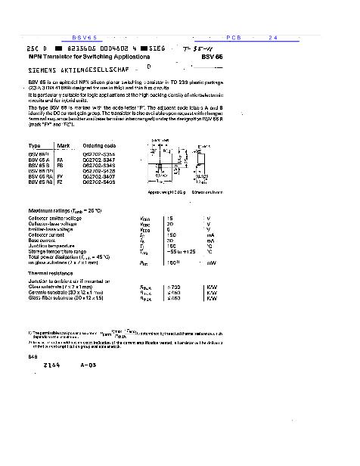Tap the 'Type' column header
coord(35,145)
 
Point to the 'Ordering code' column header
coord(99,145)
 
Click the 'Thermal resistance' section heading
coord(51,272)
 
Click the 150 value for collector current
coord(172,235)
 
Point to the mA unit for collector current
coord(210,235)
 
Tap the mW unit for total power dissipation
coord(211,263)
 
